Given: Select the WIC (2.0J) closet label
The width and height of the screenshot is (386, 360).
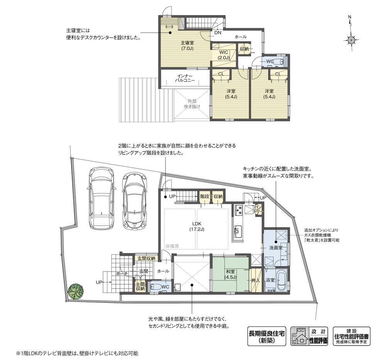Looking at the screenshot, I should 223,54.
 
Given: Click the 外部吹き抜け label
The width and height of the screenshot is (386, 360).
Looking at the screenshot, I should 192,103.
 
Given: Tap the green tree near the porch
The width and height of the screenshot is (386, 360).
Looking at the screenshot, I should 75,291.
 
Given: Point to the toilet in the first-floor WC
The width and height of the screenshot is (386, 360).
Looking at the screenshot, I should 156,287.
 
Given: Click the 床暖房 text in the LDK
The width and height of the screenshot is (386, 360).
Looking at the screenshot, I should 172,246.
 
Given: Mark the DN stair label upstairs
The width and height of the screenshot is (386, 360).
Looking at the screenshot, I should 218,33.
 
